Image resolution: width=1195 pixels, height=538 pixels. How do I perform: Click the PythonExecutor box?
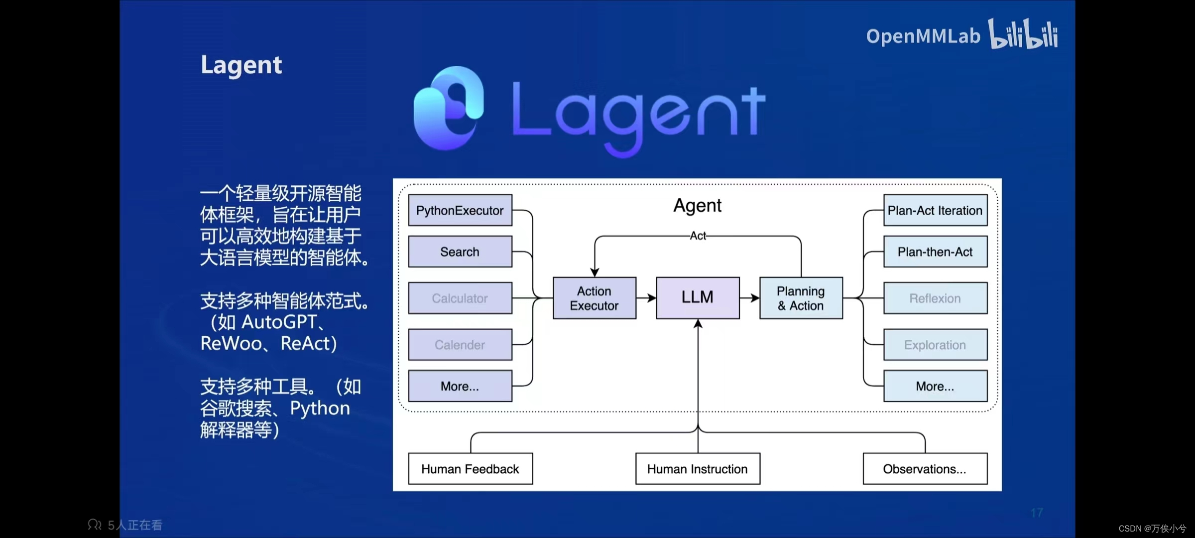point(460,210)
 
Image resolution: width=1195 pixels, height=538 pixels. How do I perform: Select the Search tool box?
point(460,252)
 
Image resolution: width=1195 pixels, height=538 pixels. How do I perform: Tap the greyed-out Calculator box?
point(460,298)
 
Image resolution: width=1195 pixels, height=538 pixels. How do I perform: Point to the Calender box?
point(460,344)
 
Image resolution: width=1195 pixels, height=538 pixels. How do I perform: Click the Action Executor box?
point(594,298)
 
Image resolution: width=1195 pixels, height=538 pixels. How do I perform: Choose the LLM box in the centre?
point(698,297)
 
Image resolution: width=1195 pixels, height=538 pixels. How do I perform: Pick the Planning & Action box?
point(801,298)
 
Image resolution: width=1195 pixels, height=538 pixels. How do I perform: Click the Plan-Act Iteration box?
point(935,210)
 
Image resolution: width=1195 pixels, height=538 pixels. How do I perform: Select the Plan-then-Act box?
point(935,252)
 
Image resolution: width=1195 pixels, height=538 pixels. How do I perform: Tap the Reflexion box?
point(935,298)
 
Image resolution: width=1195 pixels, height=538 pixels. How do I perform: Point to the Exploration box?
point(935,344)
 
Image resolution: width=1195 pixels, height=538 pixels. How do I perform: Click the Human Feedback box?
point(470,469)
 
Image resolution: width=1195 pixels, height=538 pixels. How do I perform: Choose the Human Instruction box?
point(698,469)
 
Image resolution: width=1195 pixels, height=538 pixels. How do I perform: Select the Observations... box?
point(925,469)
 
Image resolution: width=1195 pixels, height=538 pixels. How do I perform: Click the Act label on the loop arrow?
point(698,236)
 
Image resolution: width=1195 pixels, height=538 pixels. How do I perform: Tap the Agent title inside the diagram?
point(697,205)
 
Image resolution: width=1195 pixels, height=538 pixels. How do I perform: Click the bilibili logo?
point(1023,34)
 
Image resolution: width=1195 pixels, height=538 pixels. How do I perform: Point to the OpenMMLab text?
point(923,36)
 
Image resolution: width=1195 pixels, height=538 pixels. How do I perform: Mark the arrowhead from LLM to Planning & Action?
point(755,298)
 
